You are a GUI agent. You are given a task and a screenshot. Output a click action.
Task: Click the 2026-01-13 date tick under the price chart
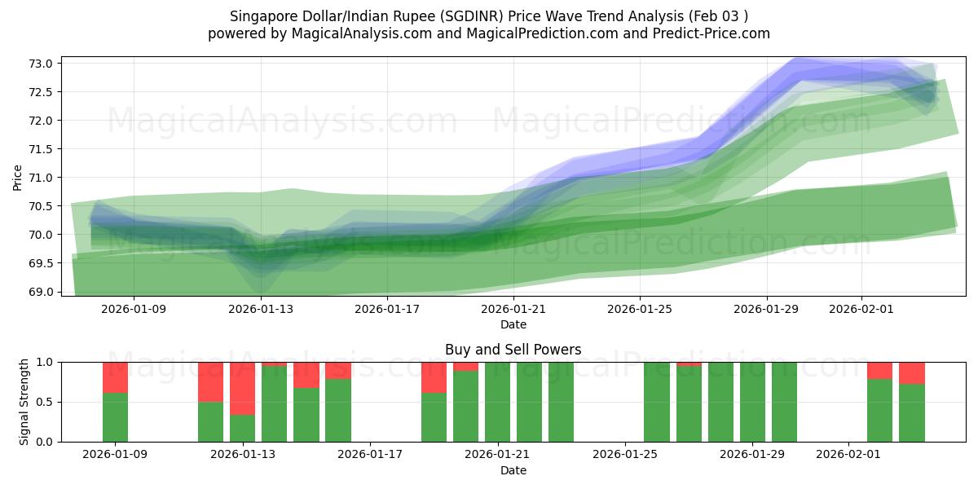click(x=261, y=310)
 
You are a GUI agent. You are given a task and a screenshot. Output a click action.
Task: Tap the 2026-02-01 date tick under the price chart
click(x=861, y=310)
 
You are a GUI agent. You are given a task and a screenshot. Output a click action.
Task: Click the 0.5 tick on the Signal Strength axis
click(x=46, y=402)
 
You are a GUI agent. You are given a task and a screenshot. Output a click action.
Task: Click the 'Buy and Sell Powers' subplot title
click(x=513, y=350)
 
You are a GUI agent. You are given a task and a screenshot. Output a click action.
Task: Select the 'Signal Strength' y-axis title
click(x=24, y=401)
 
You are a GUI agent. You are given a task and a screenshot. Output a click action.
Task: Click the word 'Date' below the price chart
click(x=513, y=324)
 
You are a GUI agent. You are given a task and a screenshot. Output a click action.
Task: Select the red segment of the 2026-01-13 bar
click(x=242, y=388)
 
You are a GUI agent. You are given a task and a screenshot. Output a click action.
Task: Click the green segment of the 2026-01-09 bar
click(x=115, y=417)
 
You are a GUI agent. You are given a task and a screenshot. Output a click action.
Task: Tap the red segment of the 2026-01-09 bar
click(x=115, y=377)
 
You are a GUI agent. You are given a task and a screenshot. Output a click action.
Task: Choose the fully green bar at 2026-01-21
click(x=497, y=402)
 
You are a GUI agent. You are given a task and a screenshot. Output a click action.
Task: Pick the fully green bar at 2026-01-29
click(x=752, y=402)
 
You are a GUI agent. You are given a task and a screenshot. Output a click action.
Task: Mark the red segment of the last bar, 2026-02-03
click(x=912, y=372)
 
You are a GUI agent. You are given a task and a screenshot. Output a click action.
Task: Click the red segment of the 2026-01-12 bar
click(x=210, y=381)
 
